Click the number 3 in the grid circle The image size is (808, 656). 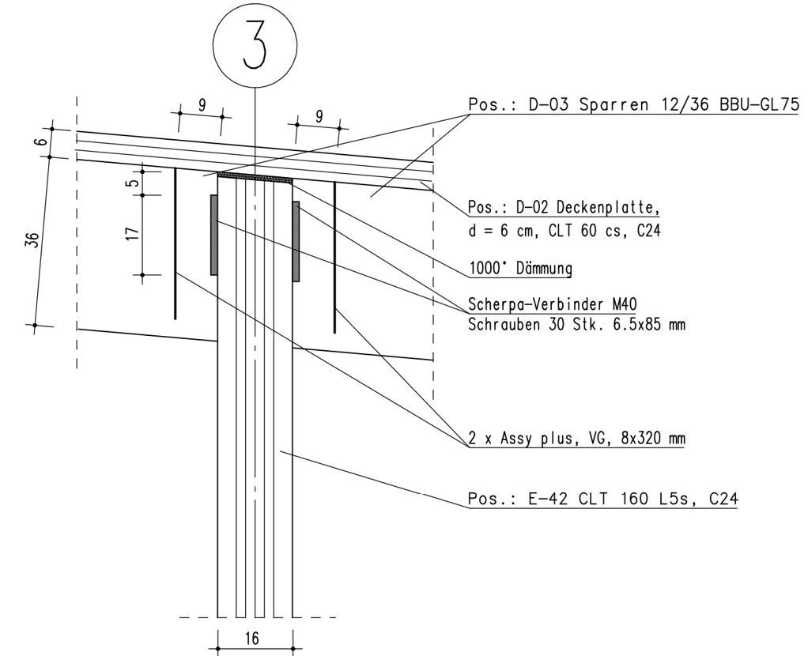255,45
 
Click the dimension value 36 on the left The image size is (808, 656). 32,240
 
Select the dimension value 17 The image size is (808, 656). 133,233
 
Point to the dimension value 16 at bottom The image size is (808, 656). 252,639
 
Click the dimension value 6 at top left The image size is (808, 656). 43,141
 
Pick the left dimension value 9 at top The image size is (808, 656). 202,105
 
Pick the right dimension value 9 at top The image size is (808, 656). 319,116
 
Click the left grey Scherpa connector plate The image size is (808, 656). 213,235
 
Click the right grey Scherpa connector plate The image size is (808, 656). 296,242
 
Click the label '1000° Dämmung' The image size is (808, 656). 520,269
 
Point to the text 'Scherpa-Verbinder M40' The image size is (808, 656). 553,304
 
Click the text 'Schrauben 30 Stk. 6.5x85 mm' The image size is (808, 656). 576,324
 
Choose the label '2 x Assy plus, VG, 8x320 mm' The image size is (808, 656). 576,439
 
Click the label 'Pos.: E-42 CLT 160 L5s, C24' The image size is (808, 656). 603,499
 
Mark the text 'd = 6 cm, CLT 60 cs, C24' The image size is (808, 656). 564,230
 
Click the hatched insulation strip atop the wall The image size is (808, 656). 255,178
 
